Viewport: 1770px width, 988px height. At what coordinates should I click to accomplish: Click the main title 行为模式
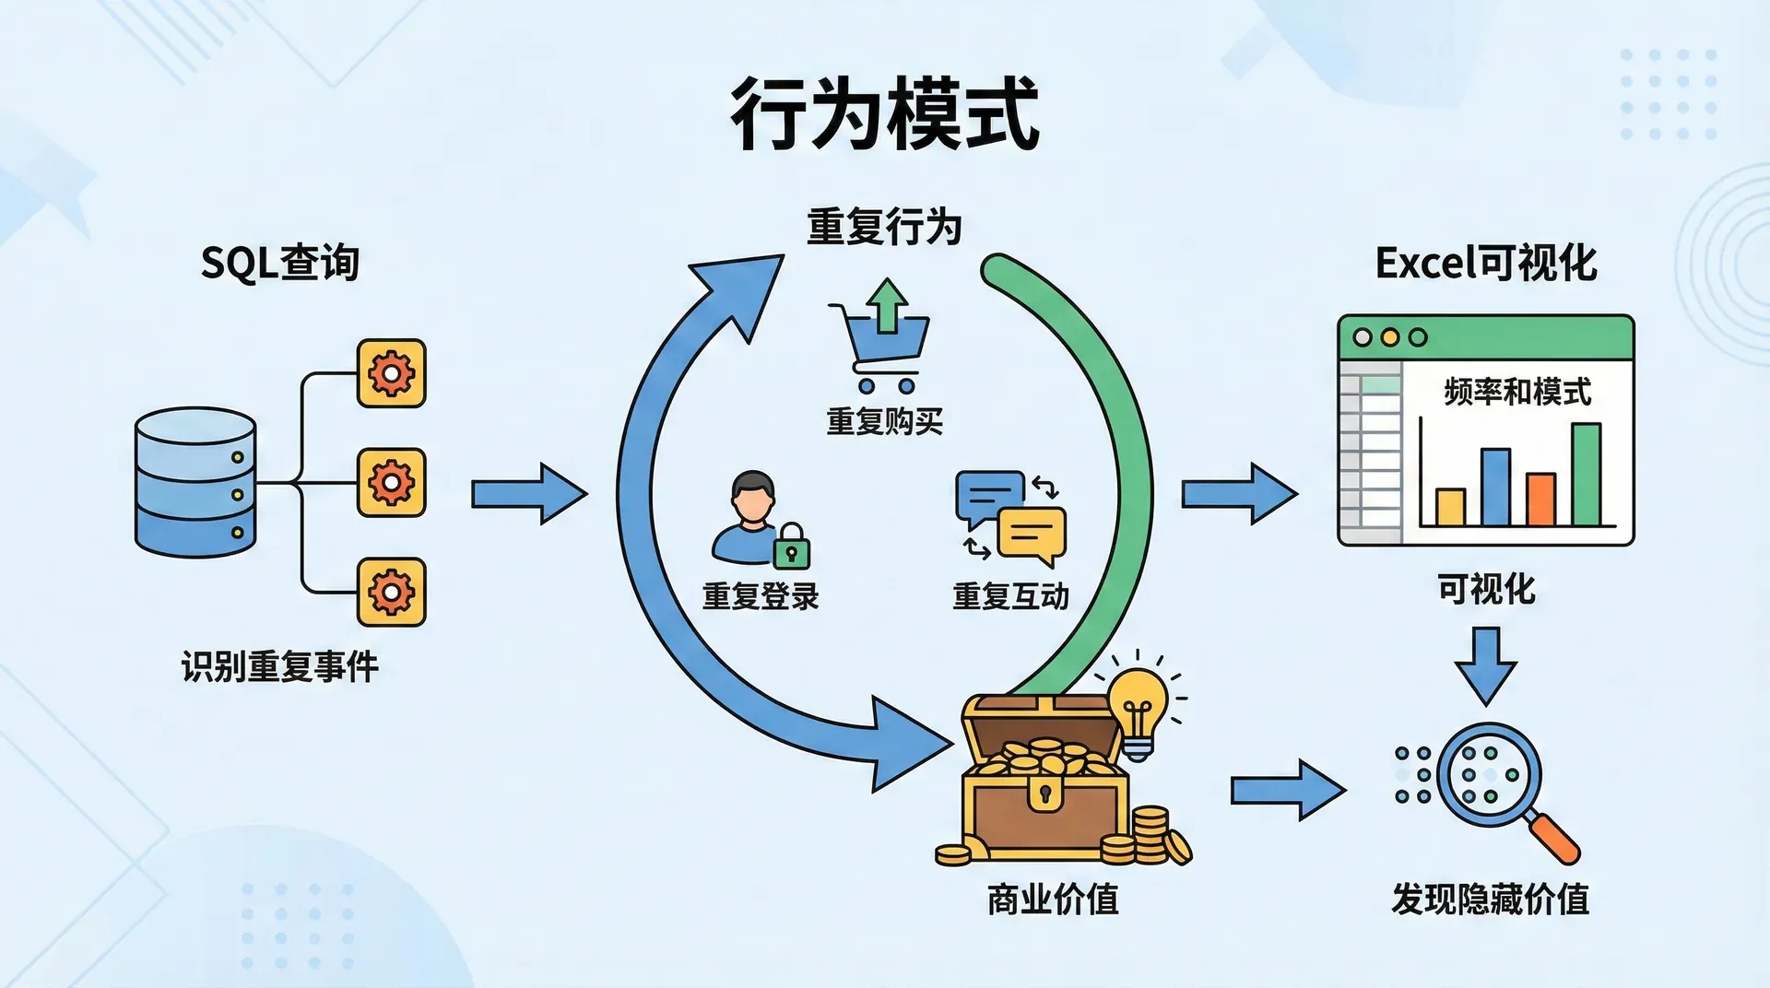tap(885, 114)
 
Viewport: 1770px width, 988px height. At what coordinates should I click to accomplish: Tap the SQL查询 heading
tap(279, 263)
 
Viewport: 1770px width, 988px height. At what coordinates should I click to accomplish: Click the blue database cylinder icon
tap(195, 482)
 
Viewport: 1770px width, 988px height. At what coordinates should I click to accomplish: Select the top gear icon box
tap(392, 373)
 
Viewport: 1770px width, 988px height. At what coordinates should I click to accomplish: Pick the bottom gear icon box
tap(392, 592)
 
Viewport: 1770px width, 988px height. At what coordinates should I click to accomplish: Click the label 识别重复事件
tap(279, 665)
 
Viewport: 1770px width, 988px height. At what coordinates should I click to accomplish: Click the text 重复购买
tap(884, 421)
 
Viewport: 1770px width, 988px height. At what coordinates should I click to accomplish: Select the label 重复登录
tap(761, 596)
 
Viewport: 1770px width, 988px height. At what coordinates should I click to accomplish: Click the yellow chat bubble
tap(1032, 535)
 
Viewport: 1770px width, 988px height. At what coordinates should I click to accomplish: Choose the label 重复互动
tap(1010, 596)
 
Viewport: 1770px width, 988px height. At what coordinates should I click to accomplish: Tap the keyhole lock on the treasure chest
tap(1044, 794)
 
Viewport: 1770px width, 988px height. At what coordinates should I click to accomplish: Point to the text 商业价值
tap(1053, 899)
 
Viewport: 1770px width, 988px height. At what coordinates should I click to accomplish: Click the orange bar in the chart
tap(1540, 499)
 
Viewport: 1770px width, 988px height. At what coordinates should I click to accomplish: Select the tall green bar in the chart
tap(1586, 475)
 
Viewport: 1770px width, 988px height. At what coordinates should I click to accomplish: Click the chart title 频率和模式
tap(1517, 392)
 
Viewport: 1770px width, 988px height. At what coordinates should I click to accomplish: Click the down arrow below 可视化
tap(1485, 665)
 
